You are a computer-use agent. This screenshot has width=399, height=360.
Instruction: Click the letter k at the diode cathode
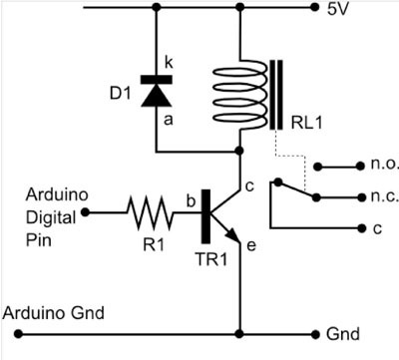pyautogui.click(x=169, y=63)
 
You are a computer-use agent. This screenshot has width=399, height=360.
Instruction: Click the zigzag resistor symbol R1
pyautogui.click(x=150, y=211)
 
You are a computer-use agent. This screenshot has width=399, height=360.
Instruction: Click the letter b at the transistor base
pyautogui.click(x=189, y=200)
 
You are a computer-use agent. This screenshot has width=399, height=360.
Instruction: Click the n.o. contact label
pyautogui.click(x=355, y=166)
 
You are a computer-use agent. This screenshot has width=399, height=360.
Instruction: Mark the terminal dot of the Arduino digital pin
pyautogui.click(x=86, y=211)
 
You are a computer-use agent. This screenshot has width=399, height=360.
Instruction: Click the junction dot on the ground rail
pyautogui.click(x=239, y=333)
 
